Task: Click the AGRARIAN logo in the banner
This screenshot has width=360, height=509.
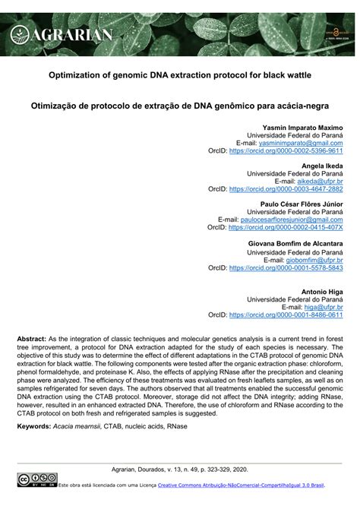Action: point(62,33)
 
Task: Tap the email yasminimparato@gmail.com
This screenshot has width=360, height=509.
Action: point(301,143)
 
